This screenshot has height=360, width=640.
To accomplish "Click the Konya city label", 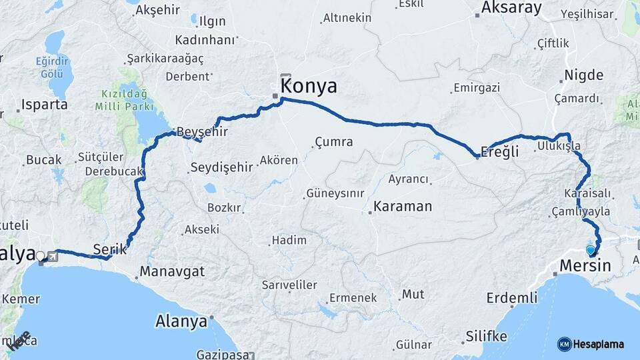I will [309, 86].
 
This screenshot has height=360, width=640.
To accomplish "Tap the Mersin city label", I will [585, 265].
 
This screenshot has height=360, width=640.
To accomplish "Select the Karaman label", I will [403, 206].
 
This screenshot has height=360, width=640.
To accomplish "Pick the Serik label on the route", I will [109, 249].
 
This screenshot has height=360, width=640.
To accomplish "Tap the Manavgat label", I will [171, 272].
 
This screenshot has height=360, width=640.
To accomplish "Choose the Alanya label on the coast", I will [181, 322].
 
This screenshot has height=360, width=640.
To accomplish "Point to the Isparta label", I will [45, 105].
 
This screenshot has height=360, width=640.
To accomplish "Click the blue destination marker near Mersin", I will [590, 251].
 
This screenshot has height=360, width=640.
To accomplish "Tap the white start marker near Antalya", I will [41, 255].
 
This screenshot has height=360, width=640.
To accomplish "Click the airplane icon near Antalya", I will [51, 256].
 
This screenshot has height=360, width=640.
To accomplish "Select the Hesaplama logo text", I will [599, 344].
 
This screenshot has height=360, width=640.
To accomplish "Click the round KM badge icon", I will [564, 344].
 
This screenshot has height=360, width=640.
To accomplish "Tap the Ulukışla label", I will [559, 146].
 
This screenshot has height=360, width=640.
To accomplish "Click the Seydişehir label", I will [221, 167].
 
